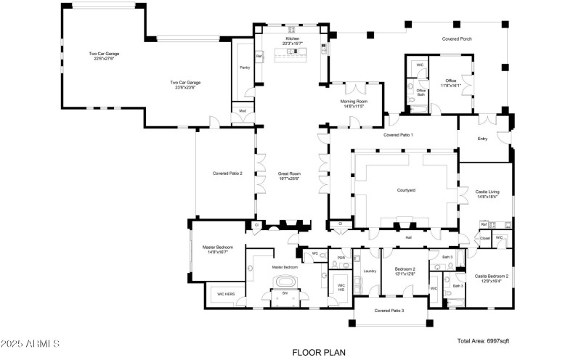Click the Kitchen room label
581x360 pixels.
click(x=292, y=40)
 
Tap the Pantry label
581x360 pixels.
click(x=245, y=67)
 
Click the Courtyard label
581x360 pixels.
click(x=405, y=190)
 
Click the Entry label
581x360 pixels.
click(x=482, y=139)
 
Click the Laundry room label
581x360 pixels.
click(x=369, y=271)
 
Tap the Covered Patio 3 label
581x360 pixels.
click(x=389, y=311)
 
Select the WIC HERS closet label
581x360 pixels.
click(x=226, y=294)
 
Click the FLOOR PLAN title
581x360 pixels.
click(x=318, y=352)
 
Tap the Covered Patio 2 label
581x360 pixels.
click(x=227, y=173)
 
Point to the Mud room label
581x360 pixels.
click(x=242, y=112)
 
